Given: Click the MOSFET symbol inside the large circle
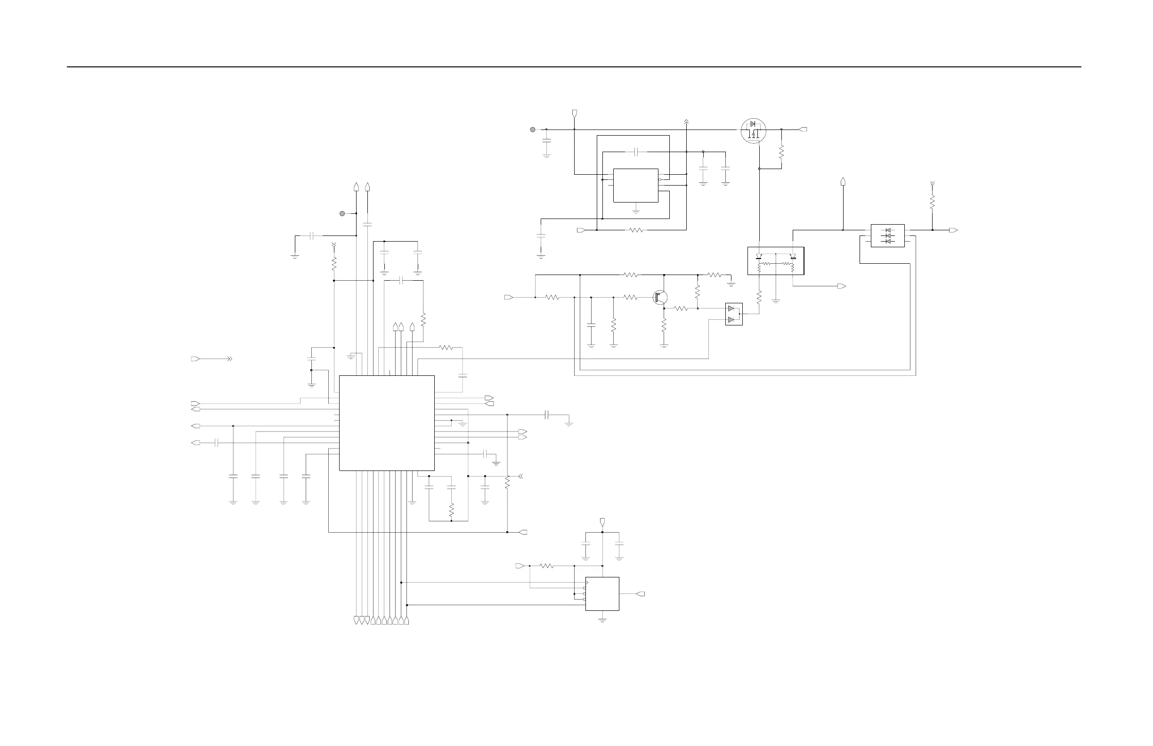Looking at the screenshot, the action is [x=753, y=130].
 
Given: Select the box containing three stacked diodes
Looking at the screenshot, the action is [x=887, y=236].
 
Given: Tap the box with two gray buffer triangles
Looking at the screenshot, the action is [x=733, y=314].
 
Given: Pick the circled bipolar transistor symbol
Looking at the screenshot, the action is [x=660, y=298].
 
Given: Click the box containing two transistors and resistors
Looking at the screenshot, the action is [x=776, y=261].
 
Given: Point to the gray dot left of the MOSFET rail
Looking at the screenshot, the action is [x=532, y=130].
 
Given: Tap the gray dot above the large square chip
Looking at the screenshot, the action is [x=342, y=213].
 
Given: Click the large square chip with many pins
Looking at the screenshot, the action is [x=387, y=423].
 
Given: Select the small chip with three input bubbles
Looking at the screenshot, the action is [x=602, y=593].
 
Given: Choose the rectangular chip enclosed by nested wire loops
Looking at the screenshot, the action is [x=635, y=185].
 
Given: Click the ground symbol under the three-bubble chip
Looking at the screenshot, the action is [x=602, y=620].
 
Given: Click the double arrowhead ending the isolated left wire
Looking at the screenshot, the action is [x=230, y=359].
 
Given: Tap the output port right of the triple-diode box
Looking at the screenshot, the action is [x=953, y=230].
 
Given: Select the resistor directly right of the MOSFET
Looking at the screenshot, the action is [x=781, y=152].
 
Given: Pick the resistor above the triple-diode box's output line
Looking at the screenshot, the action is [x=932, y=203].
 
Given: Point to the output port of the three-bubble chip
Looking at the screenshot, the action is [x=641, y=594].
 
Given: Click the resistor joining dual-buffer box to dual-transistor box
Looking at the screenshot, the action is [x=759, y=296].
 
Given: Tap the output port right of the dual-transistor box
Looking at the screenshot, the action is [x=842, y=286].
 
